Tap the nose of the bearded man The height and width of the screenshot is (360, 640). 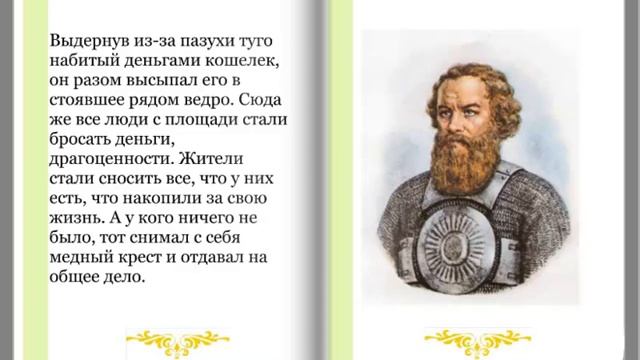(468, 117)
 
